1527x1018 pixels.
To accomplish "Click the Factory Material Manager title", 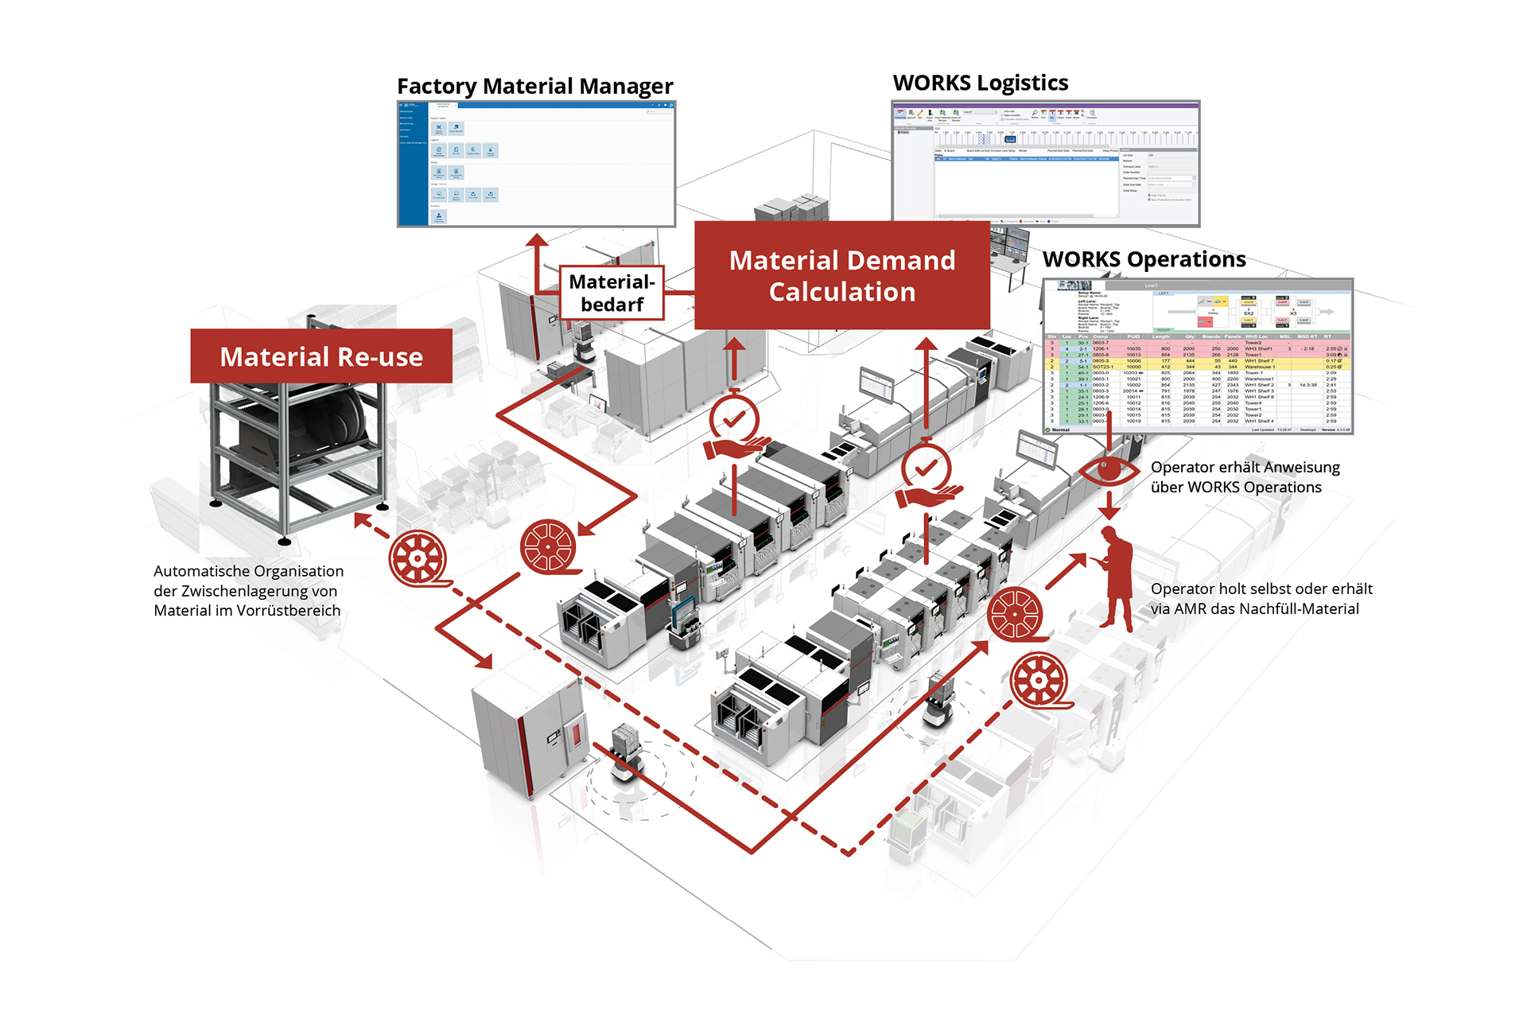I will (534, 86).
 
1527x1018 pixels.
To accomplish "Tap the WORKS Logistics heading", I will (980, 83).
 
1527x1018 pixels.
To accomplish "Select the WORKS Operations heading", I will (1144, 259).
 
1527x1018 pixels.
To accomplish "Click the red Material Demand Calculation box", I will (841, 275).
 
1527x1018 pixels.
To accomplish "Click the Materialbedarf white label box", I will (612, 293).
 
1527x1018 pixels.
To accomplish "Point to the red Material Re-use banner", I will (321, 356).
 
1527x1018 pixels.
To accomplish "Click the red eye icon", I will (1109, 470).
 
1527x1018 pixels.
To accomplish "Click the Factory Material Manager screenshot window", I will (536, 164).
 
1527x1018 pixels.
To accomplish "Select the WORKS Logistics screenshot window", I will (1045, 164).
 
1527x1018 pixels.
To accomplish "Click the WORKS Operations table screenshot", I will (1197, 356).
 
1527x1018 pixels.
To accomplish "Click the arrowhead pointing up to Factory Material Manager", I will (538, 239).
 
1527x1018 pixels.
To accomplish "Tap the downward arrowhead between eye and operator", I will (1109, 513).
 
